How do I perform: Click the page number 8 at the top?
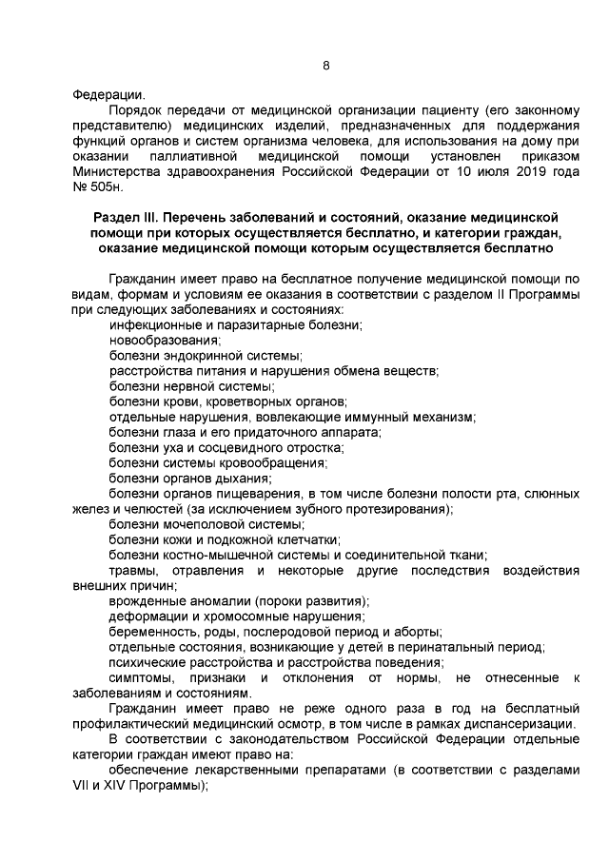326,66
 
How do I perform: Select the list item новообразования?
163,340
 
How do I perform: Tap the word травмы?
131,570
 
